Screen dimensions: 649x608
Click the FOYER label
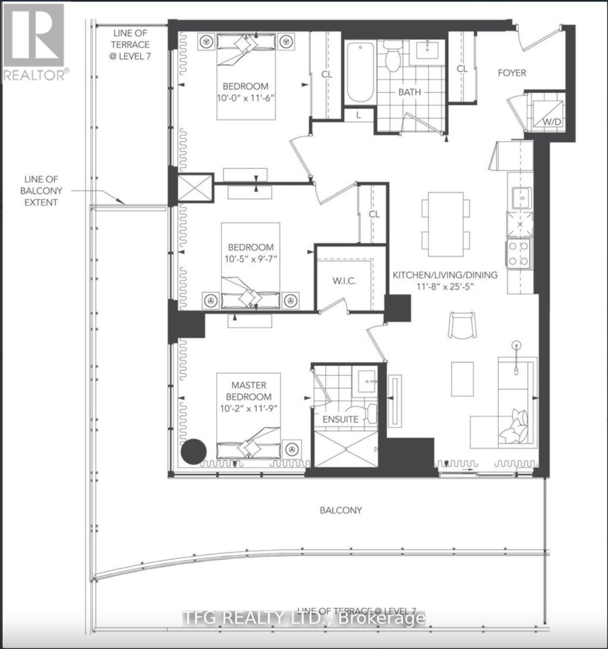511,72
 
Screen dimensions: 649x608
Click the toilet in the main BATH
392,55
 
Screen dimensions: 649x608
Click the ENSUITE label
340,419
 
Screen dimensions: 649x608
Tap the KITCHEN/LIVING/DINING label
444,275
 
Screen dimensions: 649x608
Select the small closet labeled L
358,115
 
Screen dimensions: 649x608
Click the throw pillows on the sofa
515,425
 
